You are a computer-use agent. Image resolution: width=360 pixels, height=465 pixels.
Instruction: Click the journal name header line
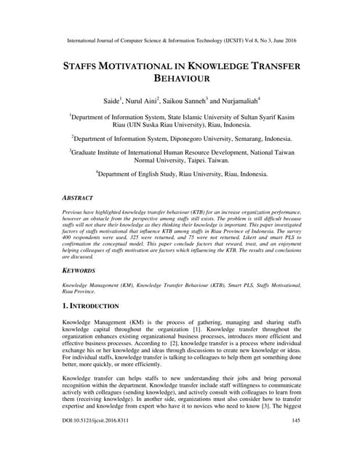[180, 41]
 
